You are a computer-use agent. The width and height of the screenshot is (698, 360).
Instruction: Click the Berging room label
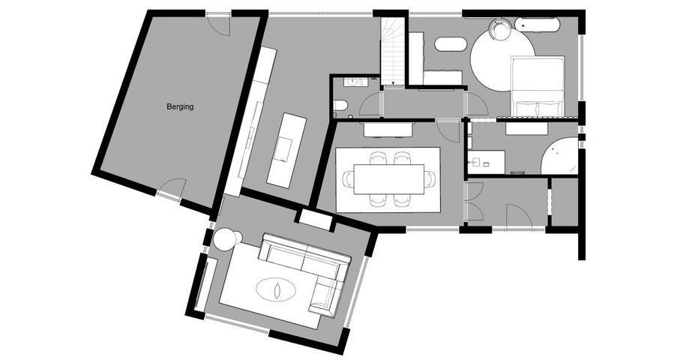coord(180,107)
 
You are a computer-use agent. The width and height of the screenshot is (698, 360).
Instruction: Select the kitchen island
coord(287,150)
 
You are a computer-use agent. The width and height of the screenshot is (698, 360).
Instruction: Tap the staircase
coord(393,51)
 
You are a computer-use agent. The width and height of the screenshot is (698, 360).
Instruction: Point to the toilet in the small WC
coord(340,106)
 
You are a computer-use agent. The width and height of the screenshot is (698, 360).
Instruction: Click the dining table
coord(389,179)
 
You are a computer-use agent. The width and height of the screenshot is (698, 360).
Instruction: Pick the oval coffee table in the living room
coord(276,289)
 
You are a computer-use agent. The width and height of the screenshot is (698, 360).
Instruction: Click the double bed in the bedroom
coord(538,86)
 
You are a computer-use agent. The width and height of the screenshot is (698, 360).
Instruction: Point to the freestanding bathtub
coord(537,25)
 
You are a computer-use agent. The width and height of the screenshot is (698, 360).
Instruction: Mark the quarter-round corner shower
coord(559,157)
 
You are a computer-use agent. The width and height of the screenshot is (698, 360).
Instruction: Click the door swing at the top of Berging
coord(219,25)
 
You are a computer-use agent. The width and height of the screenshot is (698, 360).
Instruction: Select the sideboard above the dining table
coord(388,129)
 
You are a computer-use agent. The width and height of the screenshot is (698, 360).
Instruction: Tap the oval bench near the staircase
coord(451,43)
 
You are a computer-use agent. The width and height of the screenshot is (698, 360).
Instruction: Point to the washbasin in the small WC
coord(352,82)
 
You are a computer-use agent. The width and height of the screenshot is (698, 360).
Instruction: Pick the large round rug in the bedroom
coord(502,60)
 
